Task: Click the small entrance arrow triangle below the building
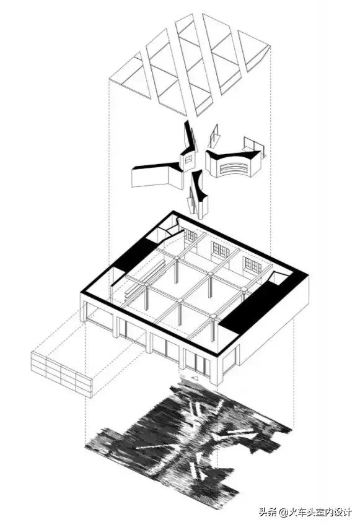point(194,379)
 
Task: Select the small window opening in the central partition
point(189,160)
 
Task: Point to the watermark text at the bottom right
point(305,512)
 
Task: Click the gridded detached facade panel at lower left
point(61,375)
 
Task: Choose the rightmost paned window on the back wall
point(253,265)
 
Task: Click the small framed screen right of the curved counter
point(254,147)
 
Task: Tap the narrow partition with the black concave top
point(199,194)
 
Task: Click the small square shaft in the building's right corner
point(279,279)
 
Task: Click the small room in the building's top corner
point(169,228)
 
